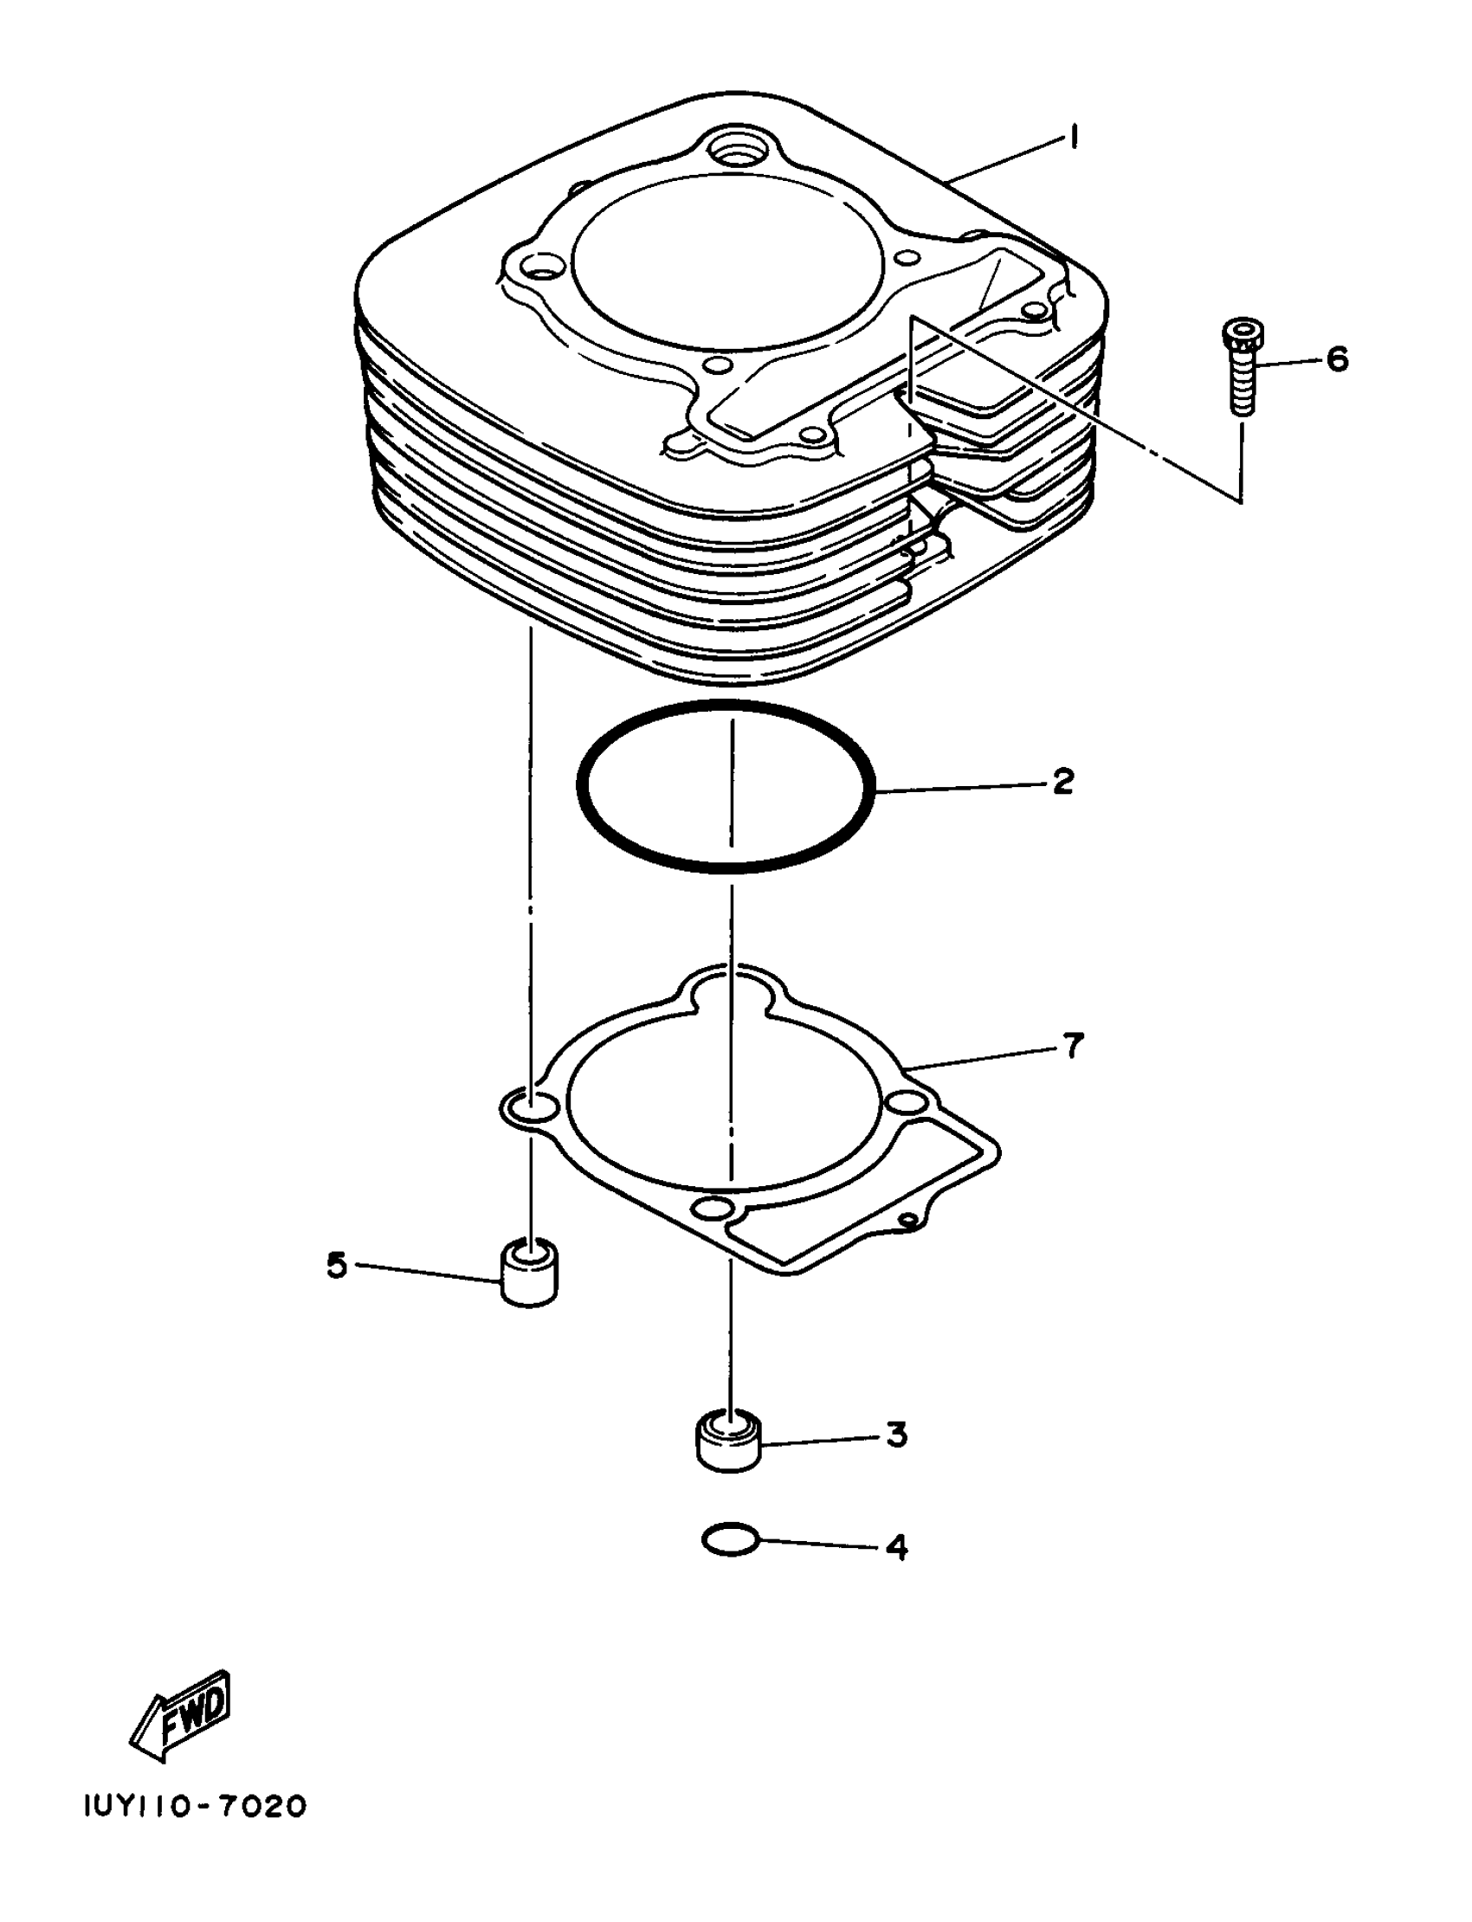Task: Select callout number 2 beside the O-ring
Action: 1062,781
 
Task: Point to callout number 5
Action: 337,1264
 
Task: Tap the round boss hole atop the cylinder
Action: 742,149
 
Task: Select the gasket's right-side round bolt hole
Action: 907,1101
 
